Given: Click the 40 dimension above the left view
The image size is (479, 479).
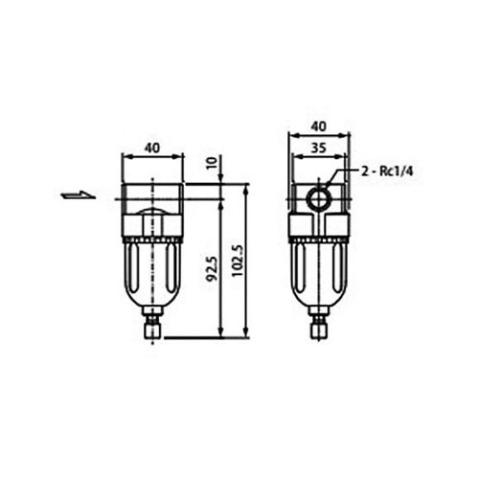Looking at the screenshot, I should pos(151,148).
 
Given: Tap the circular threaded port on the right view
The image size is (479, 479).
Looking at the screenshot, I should pos(317,200).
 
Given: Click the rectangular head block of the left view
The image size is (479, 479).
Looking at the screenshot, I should pos(151,192).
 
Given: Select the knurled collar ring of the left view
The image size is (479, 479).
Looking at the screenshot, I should pos(151,238).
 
